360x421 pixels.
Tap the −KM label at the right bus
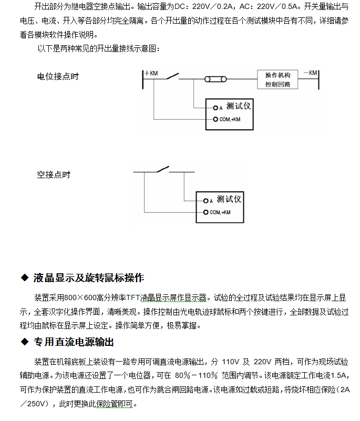(310, 73)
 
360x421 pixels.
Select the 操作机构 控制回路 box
(278, 79)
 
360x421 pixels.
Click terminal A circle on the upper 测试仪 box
(214, 107)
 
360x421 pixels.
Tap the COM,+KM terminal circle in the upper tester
(214, 119)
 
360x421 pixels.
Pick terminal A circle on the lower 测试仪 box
(205, 201)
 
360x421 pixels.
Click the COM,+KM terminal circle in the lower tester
(205, 212)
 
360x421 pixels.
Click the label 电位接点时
(58, 77)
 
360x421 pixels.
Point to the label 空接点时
(54, 174)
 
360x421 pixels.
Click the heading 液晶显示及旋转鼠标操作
(88, 278)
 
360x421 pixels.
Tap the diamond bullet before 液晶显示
(24, 278)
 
